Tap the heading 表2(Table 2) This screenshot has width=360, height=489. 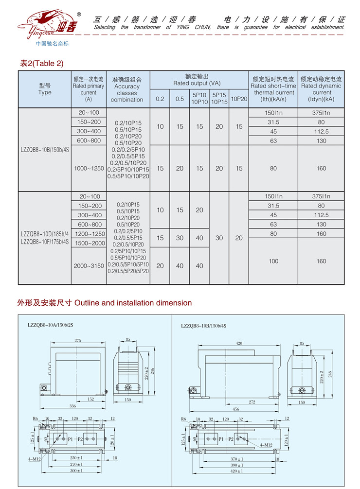42,63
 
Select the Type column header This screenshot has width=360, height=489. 45,89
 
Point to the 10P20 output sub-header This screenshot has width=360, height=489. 239,99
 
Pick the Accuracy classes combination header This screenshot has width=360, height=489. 127,89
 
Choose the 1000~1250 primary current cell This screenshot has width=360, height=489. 89,168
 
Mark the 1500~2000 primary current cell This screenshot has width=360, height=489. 89,243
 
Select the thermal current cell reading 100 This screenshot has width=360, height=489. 273,261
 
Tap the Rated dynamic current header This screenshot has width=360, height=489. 321,89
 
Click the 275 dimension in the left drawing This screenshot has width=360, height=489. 78,341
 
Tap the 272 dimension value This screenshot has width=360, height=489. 251,402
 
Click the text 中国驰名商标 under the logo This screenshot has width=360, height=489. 53,44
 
